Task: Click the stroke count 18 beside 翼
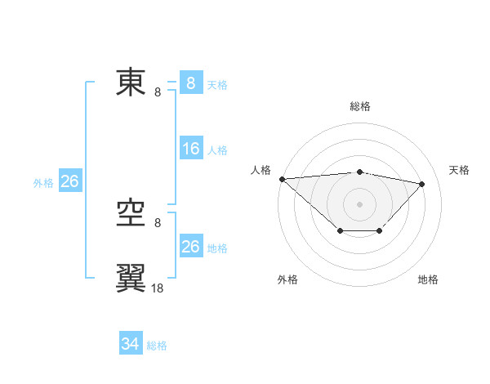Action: (x=158, y=288)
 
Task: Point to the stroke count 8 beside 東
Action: (x=158, y=92)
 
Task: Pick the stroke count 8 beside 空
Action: (x=158, y=222)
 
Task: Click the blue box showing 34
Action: (x=130, y=344)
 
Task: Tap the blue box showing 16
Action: (x=190, y=149)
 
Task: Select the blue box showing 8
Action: (x=190, y=83)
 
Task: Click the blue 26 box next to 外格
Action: (x=69, y=181)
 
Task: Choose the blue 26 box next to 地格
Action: (x=190, y=247)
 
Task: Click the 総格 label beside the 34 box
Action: (x=157, y=346)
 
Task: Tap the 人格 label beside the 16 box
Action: (x=217, y=150)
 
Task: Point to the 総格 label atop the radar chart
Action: (x=359, y=106)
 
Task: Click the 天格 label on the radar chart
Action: (x=459, y=170)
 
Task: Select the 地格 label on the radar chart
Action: (x=428, y=279)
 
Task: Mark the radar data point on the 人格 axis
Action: (x=282, y=179)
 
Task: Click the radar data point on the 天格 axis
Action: (x=422, y=184)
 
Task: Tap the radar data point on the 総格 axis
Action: (x=359, y=172)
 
